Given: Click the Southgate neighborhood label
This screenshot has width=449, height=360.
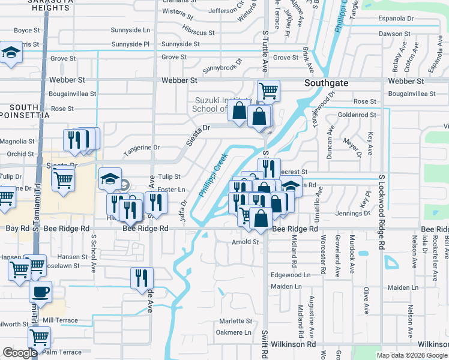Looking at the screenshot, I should (x=326, y=83).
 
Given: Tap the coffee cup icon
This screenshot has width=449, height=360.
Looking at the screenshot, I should (x=40, y=292).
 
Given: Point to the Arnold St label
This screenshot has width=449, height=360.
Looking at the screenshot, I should (x=245, y=242).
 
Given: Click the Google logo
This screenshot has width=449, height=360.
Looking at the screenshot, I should (x=20, y=353).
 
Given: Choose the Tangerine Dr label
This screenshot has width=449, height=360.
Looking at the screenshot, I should (x=142, y=147).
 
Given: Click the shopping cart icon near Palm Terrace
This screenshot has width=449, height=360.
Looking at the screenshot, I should (x=39, y=338).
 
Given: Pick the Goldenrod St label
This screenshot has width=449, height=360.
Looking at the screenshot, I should (x=357, y=115).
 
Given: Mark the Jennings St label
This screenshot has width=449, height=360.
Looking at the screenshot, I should (x=353, y=213).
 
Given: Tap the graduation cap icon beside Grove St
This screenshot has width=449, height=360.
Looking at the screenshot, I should (x=10, y=53).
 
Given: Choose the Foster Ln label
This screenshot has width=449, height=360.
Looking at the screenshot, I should (x=172, y=190).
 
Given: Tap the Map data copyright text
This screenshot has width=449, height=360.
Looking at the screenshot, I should (x=412, y=355).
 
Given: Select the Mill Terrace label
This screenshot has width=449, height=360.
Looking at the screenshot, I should (x=61, y=320).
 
